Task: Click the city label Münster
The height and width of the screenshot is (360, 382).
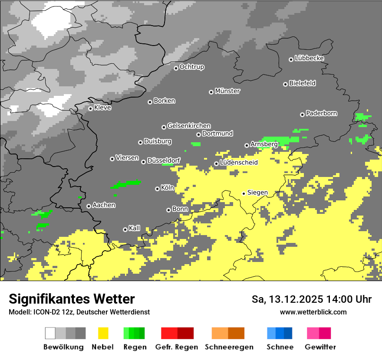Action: (x=227, y=91)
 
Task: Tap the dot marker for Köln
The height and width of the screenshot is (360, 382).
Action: (x=157, y=189)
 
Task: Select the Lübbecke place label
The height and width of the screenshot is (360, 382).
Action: (x=309, y=58)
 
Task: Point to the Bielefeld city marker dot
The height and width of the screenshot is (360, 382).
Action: (x=285, y=84)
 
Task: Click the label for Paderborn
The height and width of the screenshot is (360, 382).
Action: (x=321, y=113)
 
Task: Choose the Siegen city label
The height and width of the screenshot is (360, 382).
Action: (x=257, y=193)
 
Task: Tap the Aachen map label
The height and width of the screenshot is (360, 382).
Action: (x=104, y=205)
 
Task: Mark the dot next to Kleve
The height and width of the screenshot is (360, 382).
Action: (x=90, y=108)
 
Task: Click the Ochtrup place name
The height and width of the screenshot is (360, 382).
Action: (x=192, y=67)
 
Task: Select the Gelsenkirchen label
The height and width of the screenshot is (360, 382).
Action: (x=189, y=126)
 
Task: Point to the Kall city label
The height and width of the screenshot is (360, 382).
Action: (x=135, y=228)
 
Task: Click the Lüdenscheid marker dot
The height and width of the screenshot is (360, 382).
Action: (x=216, y=164)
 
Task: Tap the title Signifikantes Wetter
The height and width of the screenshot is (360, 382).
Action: (x=72, y=299)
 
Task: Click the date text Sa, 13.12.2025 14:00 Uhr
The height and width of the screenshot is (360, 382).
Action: (x=311, y=299)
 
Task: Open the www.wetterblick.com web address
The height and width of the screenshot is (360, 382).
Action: (x=313, y=312)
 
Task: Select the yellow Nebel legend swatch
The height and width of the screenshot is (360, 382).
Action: (x=103, y=333)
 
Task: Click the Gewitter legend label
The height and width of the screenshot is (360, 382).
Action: (x=320, y=347)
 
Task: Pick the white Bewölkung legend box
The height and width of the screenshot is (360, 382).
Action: (x=50, y=333)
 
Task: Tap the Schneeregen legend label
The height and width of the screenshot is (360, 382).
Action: (x=229, y=347)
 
